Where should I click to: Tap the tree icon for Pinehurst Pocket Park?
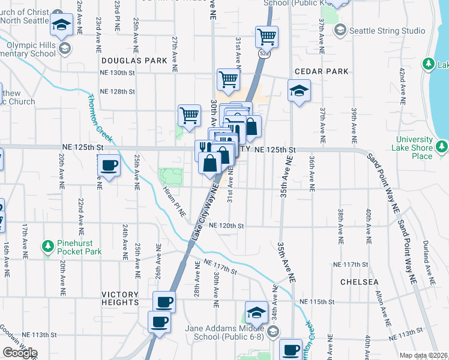[47, 246]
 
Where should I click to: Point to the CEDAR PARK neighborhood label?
[321, 71]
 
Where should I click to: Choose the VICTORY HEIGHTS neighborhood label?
[120, 298]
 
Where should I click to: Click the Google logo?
[20, 353]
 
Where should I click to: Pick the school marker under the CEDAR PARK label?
[299, 92]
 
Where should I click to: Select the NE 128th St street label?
[117, 91]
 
